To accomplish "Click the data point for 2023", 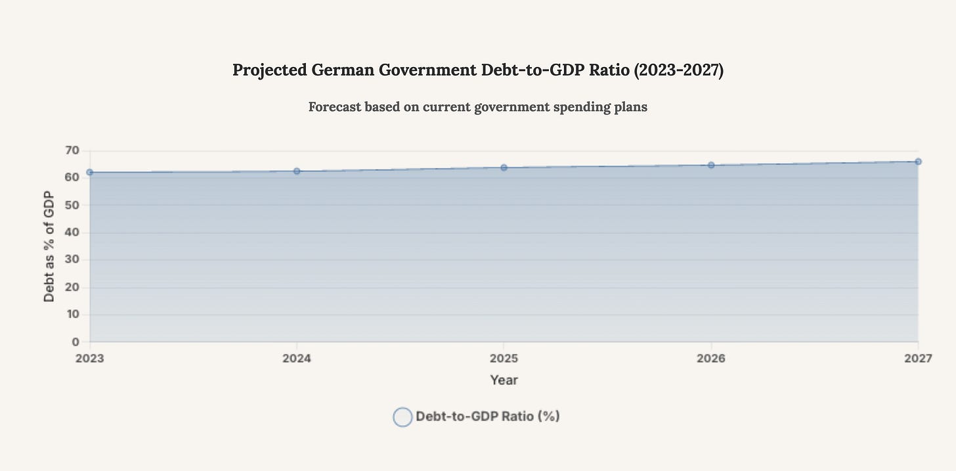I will [90, 172].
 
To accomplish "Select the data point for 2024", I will [297, 171].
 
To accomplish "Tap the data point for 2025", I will [504, 168].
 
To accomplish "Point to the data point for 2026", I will [711, 165].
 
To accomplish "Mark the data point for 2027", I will [918, 162].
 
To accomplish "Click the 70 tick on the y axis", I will [72, 150].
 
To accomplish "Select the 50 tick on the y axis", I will [72, 205].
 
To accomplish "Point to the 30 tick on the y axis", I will [72, 259].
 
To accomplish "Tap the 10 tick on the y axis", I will [72, 314].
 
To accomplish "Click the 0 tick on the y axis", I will [76, 342].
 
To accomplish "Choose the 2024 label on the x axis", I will [297, 359].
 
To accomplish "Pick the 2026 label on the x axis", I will [711, 359].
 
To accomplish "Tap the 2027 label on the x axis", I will [917, 359].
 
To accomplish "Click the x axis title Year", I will [504, 380].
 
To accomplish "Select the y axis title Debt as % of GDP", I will [49, 246].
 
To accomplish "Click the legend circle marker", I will [402, 417].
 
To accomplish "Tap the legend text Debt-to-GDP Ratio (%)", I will [487, 416].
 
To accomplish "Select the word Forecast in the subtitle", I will [334, 106].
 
